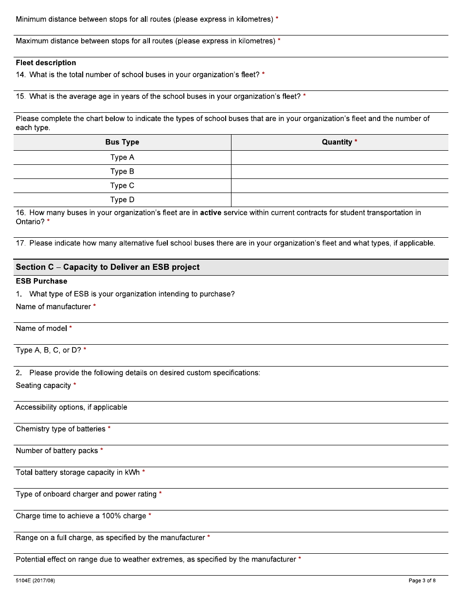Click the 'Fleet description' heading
pos(46,63)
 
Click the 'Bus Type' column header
pos(122,142)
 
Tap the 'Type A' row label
pos(122,158)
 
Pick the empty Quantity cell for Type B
pos(339,172)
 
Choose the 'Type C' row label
pos(122,186)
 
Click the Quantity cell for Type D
pos(339,200)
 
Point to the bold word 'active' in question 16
pos(211,212)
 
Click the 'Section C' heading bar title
pos(107,267)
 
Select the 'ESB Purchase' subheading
pos(41,281)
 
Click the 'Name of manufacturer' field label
pos(53,307)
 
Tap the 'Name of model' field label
pos(41,329)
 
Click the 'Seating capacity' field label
pos(43,386)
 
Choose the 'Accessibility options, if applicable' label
pos(71,407)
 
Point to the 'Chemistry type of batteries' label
pos(60,429)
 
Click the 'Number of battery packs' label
pos(57,451)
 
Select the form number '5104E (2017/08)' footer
pos(35,580)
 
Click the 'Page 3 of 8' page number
pos(422,580)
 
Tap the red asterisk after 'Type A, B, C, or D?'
pos(85,350)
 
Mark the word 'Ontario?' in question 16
pos(30,222)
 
